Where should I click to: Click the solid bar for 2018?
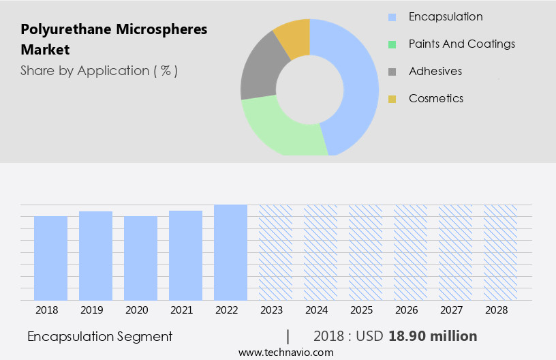tap(51, 258)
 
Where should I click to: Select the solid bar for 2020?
tap(141, 258)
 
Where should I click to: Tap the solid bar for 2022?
tap(230, 252)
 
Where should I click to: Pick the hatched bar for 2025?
tap(365, 252)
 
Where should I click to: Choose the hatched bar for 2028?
tap(500, 252)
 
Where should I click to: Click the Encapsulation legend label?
tap(446, 17)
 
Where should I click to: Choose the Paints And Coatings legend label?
tap(461, 44)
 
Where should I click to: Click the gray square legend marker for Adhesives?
tap(392, 72)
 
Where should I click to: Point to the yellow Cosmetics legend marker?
tap(392, 99)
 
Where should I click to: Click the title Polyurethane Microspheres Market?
tap(114, 40)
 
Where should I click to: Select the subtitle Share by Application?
tap(99, 71)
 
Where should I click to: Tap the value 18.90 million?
tap(433, 336)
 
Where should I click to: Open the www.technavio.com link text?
tap(286, 352)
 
